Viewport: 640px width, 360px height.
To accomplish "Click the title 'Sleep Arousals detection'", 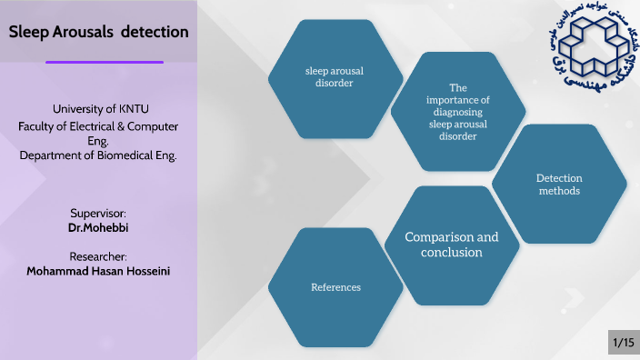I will point(98,32).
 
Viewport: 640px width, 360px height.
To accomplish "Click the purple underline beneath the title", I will point(105,63).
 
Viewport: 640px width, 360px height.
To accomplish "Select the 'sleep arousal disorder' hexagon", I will point(335,77).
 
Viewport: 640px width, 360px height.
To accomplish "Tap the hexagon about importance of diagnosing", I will point(457,112).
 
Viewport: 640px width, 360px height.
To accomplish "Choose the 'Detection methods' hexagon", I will point(559,185).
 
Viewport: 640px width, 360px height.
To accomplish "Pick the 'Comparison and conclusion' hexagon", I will point(452,245).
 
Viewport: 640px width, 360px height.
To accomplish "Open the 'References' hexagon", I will point(335,287).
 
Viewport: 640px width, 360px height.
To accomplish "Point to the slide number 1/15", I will point(623,343).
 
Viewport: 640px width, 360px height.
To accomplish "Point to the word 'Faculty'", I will point(37,126).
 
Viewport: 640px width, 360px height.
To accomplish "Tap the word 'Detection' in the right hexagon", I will point(559,178).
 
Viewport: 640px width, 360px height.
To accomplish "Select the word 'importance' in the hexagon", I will point(457,100).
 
